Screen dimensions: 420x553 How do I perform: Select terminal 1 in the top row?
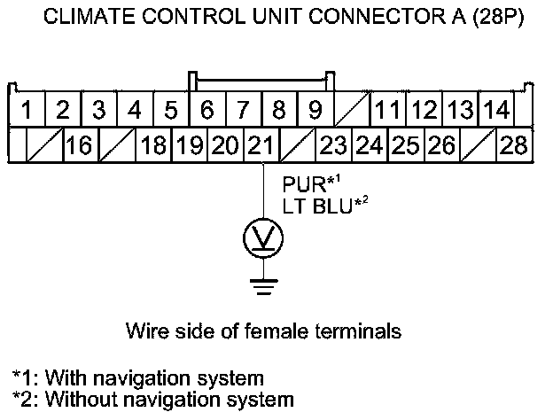27,112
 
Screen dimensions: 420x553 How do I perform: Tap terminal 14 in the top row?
498,112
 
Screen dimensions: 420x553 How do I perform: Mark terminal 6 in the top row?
206,112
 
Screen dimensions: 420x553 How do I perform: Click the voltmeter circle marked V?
263,237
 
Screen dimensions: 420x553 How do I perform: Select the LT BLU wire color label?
315,206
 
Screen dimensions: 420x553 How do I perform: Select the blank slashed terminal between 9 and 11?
351,112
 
